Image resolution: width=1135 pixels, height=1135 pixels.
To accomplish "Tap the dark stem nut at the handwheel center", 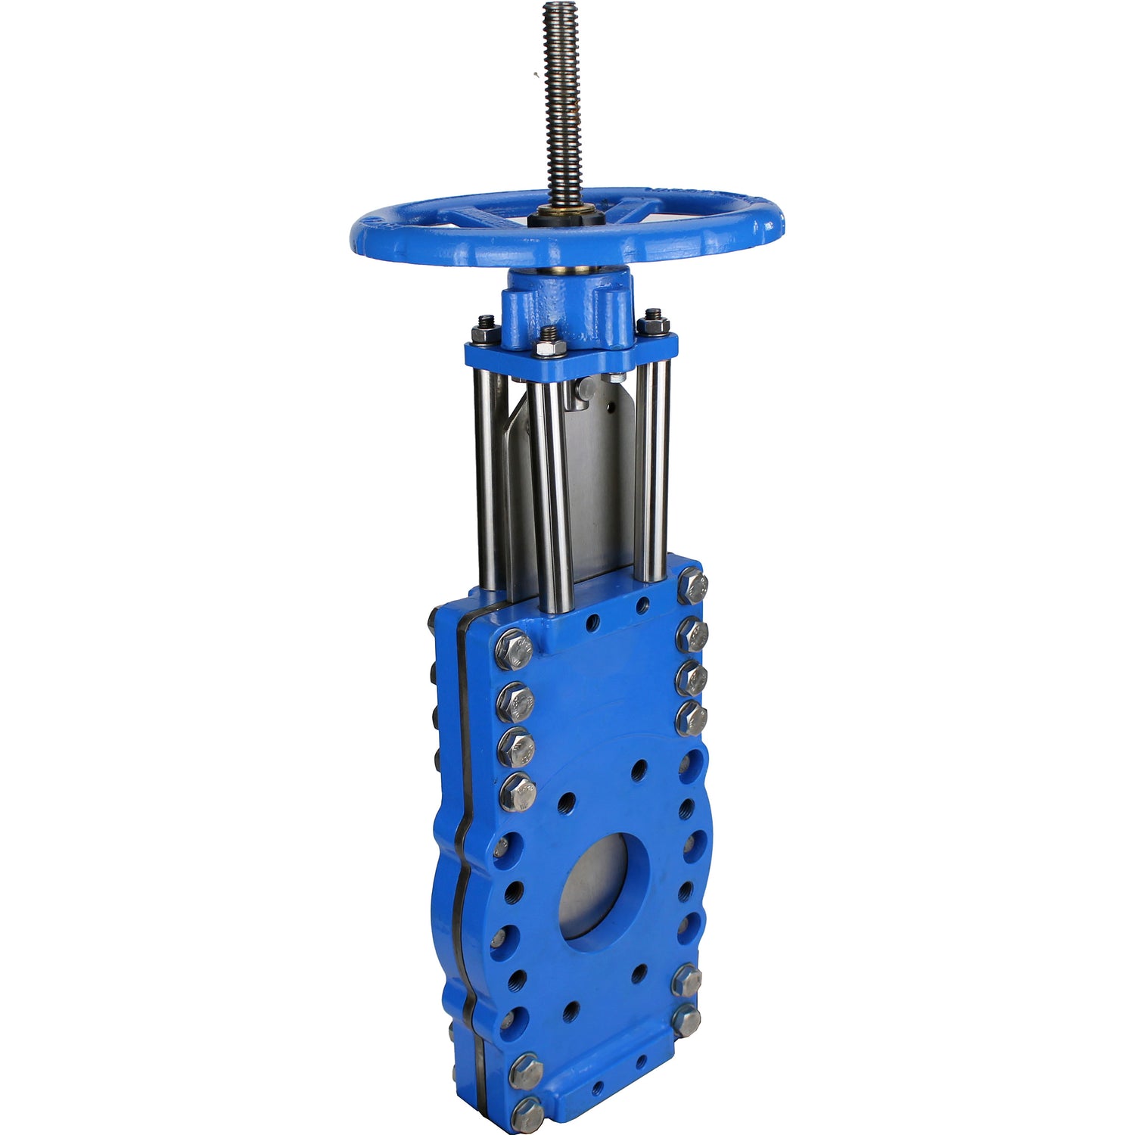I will [566, 218].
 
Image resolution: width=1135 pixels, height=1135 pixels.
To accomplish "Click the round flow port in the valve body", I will [604, 890].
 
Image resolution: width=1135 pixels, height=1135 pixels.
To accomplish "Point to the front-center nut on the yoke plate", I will [550, 344].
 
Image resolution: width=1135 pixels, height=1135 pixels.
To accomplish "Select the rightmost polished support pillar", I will [652, 469].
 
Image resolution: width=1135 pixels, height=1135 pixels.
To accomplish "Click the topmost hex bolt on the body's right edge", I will [693, 586].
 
